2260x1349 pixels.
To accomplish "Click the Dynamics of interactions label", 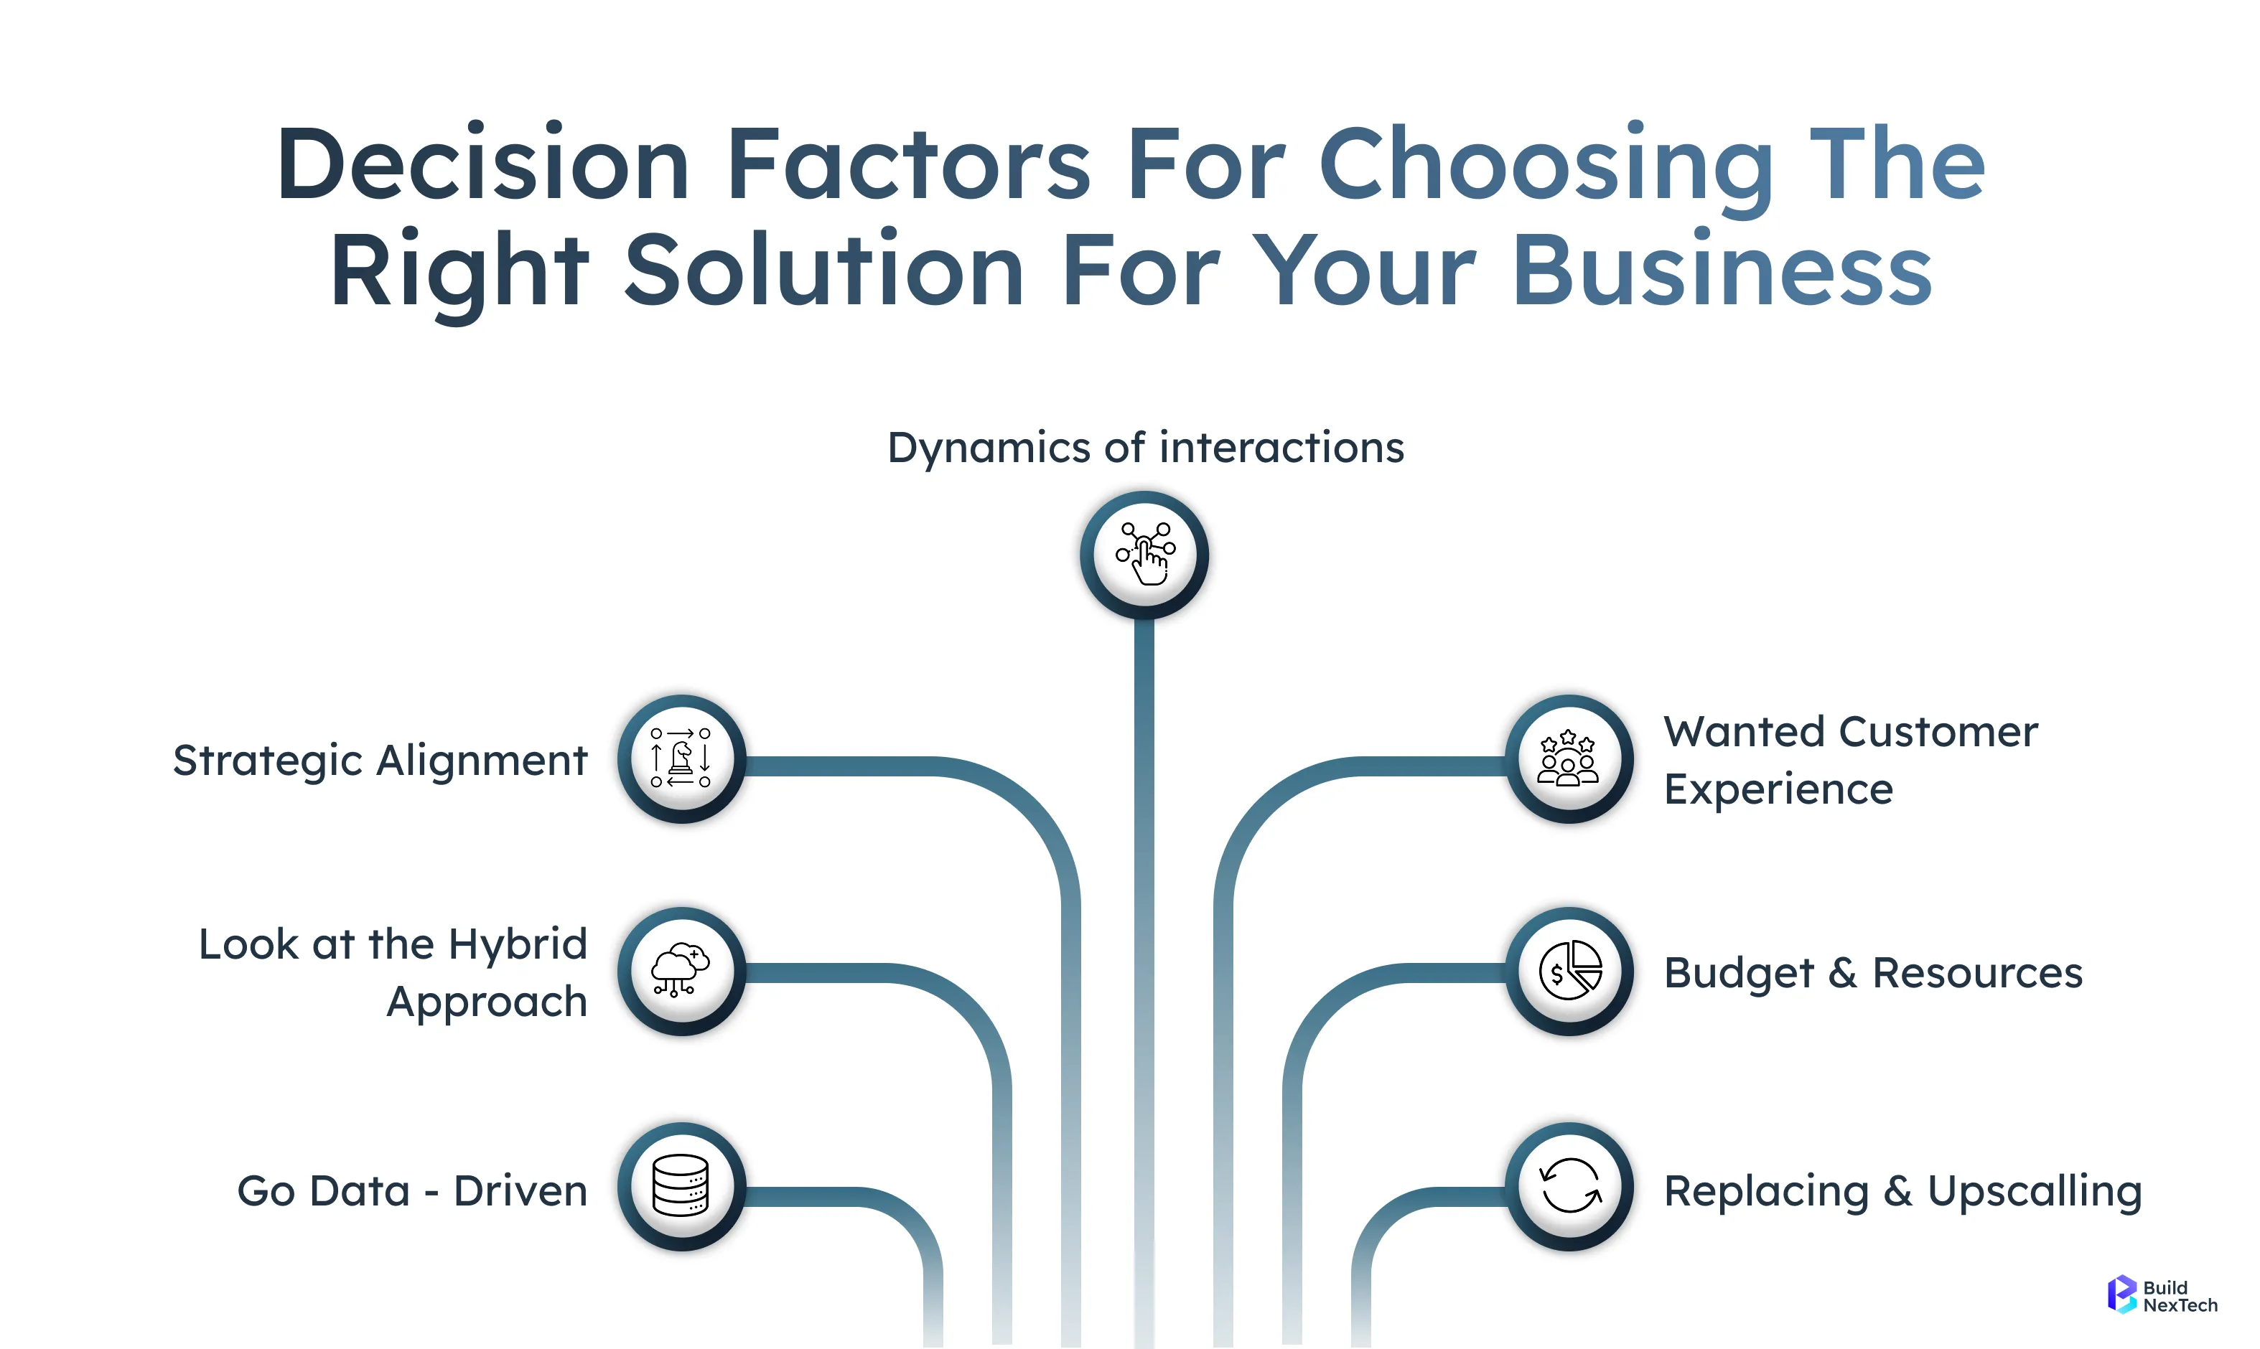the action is [1145, 447].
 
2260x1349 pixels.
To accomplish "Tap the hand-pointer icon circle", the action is [1144, 555].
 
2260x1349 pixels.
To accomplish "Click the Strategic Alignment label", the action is [380, 760].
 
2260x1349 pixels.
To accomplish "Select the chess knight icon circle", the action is [681, 759].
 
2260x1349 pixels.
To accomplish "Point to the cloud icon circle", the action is [681, 971].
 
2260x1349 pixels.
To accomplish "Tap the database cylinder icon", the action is [681, 1185].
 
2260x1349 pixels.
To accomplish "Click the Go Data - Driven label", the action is [412, 1191].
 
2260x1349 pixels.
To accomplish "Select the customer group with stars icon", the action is [1569, 759].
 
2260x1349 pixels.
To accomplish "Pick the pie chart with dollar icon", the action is [1569, 971].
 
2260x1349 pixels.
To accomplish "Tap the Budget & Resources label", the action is [1872, 973].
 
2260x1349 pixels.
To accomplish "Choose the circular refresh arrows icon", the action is [1569, 1185].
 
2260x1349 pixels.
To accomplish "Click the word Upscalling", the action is [2035, 1191].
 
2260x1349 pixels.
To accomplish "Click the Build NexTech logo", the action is [2162, 1295].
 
